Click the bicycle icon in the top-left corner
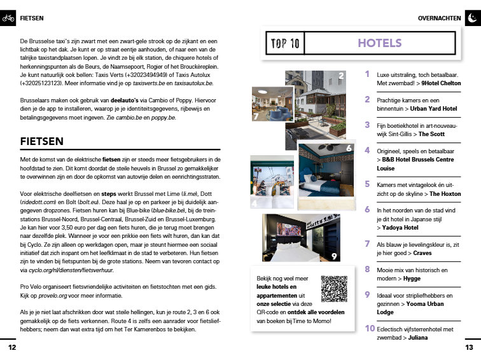point(8,18)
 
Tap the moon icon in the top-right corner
point(471,18)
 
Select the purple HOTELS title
point(379,43)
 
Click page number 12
point(11,348)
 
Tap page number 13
point(469,348)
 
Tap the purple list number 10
point(369,328)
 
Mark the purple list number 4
point(367,150)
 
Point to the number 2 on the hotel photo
point(341,76)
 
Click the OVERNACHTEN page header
point(439,18)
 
